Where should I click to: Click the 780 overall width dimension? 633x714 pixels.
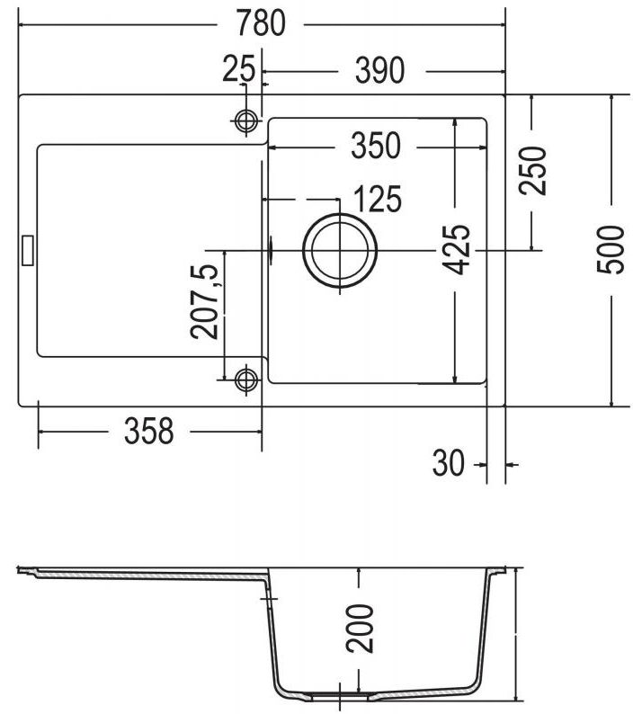click(x=261, y=23)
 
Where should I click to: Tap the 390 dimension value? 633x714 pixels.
click(x=379, y=70)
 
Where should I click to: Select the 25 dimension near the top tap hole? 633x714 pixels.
click(x=238, y=68)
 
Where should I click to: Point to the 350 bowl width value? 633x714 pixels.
click(x=376, y=146)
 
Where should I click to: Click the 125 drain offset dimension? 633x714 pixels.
click(x=378, y=199)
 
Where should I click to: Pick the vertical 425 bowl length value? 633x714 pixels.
click(x=457, y=250)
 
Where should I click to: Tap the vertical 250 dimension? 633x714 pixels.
click(x=533, y=170)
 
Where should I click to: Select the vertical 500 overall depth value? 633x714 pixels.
click(x=611, y=249)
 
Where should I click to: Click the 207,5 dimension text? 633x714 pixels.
click(x=204, y=302)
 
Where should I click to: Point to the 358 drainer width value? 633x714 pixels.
click(x=149, y=431)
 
